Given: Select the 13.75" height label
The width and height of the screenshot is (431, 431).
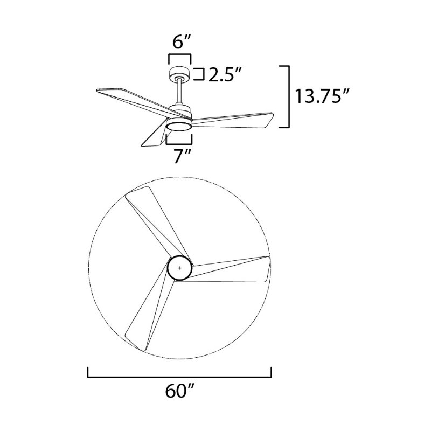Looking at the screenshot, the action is click(322, 96).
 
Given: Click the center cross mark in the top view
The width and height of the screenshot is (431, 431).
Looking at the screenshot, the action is click(179, 268).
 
